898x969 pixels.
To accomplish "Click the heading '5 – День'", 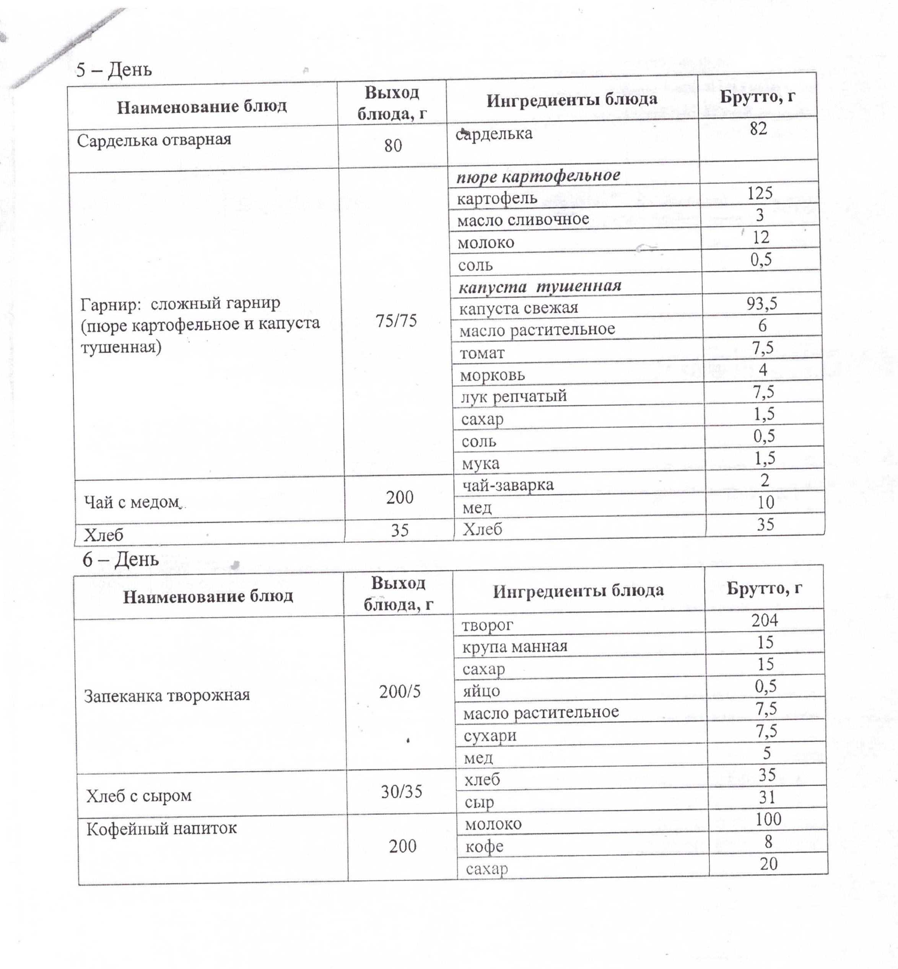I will [x=114, y=70].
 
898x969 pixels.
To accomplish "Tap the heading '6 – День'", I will [x=120, y=560].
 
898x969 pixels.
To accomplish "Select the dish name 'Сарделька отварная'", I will [x=153, y=140].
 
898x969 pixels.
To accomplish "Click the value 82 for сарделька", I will [x=758, y=129].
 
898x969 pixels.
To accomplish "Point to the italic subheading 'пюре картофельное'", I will [x=538, y=176].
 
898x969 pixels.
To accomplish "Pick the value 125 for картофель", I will [x=760, y=194].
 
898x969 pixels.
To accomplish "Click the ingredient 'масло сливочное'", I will [x=523, y=220].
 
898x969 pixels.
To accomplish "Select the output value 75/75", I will [x=396, y=321].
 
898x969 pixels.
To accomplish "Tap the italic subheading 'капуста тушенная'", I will [x=540, y=286].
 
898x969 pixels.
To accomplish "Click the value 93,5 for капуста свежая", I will [x=762, y=304].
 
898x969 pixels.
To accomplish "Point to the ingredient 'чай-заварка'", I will [x=508, y=485].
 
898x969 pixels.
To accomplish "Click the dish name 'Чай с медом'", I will [x=132, y=502].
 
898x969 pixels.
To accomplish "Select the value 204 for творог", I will [x=765, y=620].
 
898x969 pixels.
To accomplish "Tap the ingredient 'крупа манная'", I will [x=515, y=647].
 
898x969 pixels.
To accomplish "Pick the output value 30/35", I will [x=401, y=791].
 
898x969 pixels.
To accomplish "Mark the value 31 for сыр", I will [x=767, y=798].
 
